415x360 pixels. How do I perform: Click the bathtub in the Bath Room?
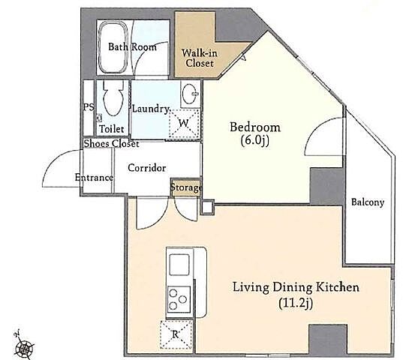[x=113, y=47]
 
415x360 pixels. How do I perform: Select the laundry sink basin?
[x=190, y=94]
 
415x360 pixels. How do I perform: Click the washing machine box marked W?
[x=184, y=123]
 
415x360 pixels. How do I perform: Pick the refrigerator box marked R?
[x=176, y=334]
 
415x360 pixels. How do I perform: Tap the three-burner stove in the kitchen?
[x=179, y=299]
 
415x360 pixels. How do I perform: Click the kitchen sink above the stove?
[x=179, y=265]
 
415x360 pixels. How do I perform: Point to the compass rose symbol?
[x=24, y=346]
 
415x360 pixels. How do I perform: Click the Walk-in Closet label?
[x=200, y=58]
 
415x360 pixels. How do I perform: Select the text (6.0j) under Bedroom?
[x=255, y=140]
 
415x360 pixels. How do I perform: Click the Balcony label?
[x=368, y=202]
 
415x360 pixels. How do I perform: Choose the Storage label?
[x=186, y=187]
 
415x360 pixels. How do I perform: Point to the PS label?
[x=89, y=107]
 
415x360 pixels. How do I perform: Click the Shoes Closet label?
[x=111, y=144]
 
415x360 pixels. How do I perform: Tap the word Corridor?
[x=147, y=168]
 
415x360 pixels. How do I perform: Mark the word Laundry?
[x=151, y=109]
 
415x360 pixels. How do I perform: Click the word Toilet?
[x=111, y=129]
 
